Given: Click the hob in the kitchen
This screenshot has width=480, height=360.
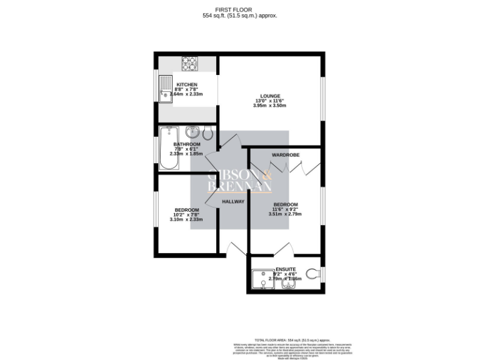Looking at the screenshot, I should point(189,62).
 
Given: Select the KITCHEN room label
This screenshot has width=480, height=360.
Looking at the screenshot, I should point(187,84).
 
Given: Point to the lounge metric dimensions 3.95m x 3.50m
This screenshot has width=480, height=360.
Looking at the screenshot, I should point(269,106).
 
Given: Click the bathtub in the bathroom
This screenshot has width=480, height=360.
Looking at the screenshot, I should point(169,148).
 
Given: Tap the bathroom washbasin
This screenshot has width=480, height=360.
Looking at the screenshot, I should point(193,132).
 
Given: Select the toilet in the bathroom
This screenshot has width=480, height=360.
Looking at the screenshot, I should point(208,132).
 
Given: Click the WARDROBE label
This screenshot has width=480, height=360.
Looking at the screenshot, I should point(285,154).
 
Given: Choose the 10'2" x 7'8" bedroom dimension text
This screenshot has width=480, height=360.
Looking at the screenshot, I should point(187,214).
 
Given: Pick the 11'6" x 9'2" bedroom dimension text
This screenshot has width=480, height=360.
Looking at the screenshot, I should point(285,209).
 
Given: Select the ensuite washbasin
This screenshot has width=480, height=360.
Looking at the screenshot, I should point(289,285).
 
